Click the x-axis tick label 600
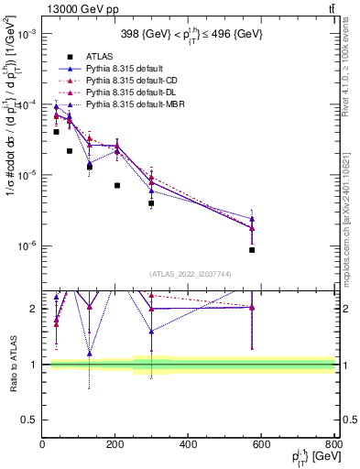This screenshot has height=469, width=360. [262, 444]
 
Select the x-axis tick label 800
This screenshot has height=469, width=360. [331, 444]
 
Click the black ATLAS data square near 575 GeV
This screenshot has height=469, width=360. [252, 249]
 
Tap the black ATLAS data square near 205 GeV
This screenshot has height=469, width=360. [117, 185]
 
